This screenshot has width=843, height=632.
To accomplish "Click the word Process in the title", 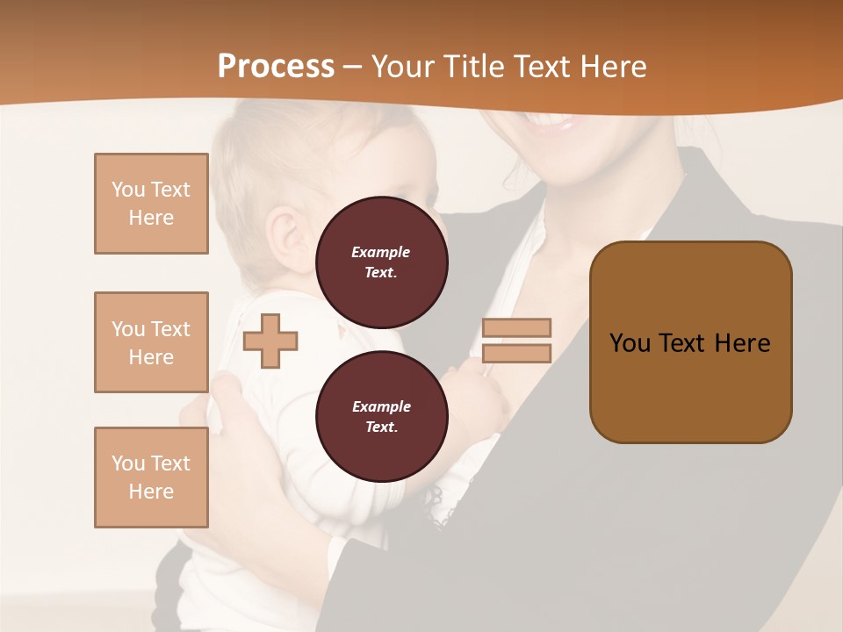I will click(x=276, y=67).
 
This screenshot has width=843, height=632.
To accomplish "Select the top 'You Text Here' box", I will click(x=151, y=204).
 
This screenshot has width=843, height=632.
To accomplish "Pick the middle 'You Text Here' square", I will click(x=151, y=342).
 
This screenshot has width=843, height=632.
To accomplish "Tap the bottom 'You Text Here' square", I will click(x=151, y=478).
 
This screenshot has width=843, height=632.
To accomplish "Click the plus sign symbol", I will click(x=270, y=341).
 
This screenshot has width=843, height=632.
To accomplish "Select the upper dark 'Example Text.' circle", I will click(x=381, y=262).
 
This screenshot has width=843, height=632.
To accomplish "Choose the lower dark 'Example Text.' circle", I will click(x=381, y=416).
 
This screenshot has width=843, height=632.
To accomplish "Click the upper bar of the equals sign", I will click(x=516, y=327).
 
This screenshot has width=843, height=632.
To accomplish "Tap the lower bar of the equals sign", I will click(x=516, y=354).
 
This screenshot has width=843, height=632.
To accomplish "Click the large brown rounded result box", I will click(x=690, y=342).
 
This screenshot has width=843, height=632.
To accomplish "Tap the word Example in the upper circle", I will click(x=381, y=252).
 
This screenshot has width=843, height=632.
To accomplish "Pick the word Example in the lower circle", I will click(x=381, y=406).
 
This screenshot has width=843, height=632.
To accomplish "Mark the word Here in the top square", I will click(x=151, y=218).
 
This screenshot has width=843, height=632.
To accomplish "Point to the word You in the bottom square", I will click(x=127, y=463).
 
